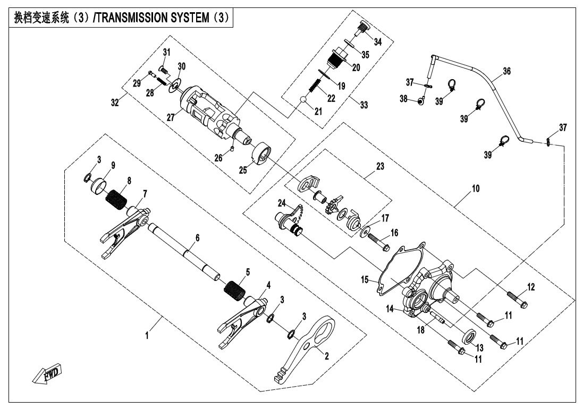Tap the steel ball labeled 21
[302, 100]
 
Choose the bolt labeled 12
[516, 299]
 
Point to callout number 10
[475, 188]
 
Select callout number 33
[364, 105]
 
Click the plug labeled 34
[363, 25]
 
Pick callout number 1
[147, 335]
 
